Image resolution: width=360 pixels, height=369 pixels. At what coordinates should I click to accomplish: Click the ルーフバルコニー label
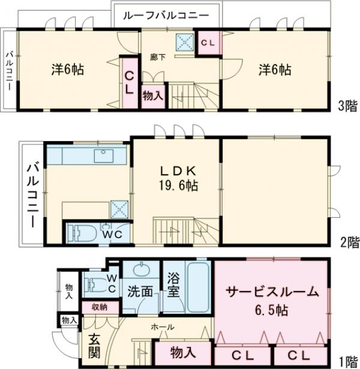click(166, 15)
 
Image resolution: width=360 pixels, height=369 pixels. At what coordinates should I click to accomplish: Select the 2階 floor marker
click(349, 242)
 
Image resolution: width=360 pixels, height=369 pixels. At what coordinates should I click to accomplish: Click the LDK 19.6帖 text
click(175, 177)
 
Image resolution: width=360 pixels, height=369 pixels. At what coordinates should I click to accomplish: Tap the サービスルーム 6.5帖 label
click(272, 302)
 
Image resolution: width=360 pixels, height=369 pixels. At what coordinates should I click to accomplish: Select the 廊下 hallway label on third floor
click(158, 56)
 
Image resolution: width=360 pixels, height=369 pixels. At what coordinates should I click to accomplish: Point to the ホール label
click(163, 327)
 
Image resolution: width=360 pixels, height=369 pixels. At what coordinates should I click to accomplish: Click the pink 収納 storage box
click(100, 307)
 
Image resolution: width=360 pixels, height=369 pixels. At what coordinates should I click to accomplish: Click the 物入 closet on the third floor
click(152, 95)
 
